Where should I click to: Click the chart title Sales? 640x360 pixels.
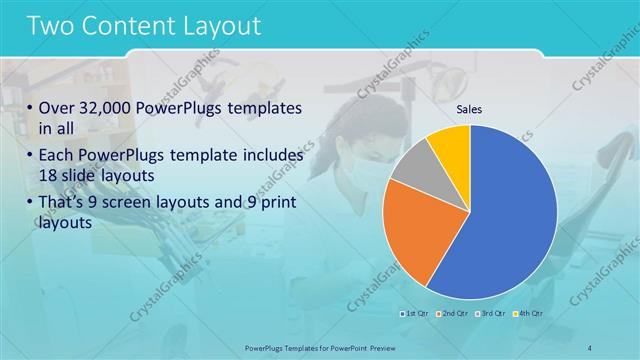tap(470, 109)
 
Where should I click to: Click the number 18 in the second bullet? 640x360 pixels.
tap(49, 176)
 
